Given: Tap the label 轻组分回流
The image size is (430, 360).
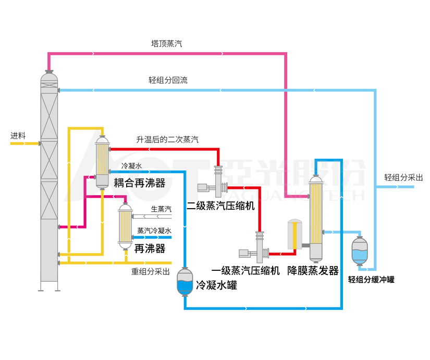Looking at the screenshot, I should pyautogui.click(x=168, y=80).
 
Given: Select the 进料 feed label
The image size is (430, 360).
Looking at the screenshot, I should pyautogui.click(x=18, y=135).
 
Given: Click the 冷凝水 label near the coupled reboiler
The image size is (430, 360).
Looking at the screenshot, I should pyautogui.click(x=131, y=165).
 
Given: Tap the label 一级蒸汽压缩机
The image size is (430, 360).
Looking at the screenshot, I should pyautogui.click(x=245, y=270).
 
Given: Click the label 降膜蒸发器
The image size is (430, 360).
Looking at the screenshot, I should pyautogui.click(x=313, y=270).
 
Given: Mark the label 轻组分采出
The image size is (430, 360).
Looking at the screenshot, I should pyautogui.click(x=403, y=177).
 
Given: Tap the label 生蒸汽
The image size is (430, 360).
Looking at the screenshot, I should pyautogui.click(x=161, y=209).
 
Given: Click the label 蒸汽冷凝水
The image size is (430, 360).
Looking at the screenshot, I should pyautogui.click(x=154, y=230).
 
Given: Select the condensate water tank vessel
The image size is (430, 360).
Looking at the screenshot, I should pyautogui.click(x=185, y=282).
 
